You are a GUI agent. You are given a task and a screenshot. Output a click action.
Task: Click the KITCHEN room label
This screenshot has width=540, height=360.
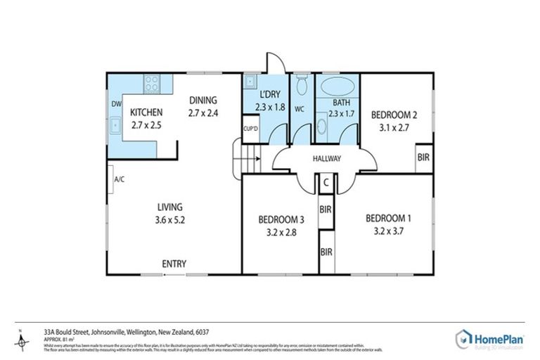pos(146,112)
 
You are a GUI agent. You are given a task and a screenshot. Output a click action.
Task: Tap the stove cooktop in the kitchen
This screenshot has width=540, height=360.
pos(152,84)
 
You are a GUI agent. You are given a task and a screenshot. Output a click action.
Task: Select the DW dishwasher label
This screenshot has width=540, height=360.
pos(115,105)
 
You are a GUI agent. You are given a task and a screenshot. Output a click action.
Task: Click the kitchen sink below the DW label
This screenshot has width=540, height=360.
pos(115,126)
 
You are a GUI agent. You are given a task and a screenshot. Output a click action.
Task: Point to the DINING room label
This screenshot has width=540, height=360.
pos(202,100)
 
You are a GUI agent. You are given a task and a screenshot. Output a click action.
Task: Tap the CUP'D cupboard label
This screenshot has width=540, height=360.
pos(250,129)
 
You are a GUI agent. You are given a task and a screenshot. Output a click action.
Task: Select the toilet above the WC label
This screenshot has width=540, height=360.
pos(301,86)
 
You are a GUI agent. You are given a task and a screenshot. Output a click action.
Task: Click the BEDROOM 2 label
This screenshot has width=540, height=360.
pos(394,114)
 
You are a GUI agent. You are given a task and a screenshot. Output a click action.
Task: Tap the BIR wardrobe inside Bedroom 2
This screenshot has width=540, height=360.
pos(423,158)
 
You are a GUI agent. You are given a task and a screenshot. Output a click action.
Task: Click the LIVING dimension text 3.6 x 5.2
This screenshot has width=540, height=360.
pos(170,219)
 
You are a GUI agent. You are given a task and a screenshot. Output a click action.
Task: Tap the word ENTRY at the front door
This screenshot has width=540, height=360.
pos(174,264)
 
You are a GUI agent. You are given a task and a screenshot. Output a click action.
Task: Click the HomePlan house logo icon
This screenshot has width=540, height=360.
pos(464,337)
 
